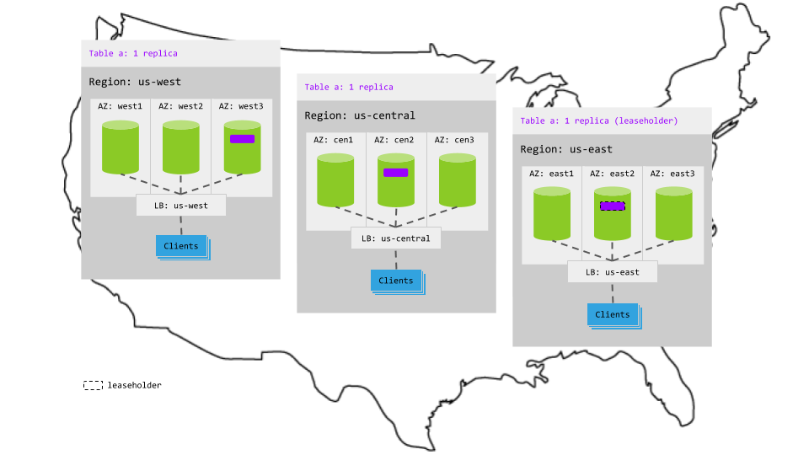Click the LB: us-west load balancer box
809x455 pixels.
click(x=181, y=206)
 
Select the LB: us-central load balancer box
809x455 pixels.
click(x=395, y=238)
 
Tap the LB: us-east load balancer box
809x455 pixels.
click(x=612, y=272)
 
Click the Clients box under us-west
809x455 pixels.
click(x=181, y=246)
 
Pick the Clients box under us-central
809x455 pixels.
click(x=396, y=281)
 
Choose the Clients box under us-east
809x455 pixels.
click(x=613, y=314)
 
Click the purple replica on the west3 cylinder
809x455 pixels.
click(x=242, y=139)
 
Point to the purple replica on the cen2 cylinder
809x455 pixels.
click(x=395, y=173)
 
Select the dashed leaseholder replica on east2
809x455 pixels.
click(x=612, y=206)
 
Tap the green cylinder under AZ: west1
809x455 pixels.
click(x=121, y=148)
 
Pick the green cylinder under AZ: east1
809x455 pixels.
click(x=553, y=215)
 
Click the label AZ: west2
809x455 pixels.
click(x=181, y=106)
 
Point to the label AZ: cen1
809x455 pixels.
click(x=335, y=140)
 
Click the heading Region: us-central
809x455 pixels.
click(x=360, y=115)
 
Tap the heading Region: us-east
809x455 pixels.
click(x=566, y=149)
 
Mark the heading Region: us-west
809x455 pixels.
click(x=135, y=82)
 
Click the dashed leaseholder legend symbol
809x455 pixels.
click(x=93, y=385)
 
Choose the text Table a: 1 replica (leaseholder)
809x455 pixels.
click(x=599, y=120)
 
